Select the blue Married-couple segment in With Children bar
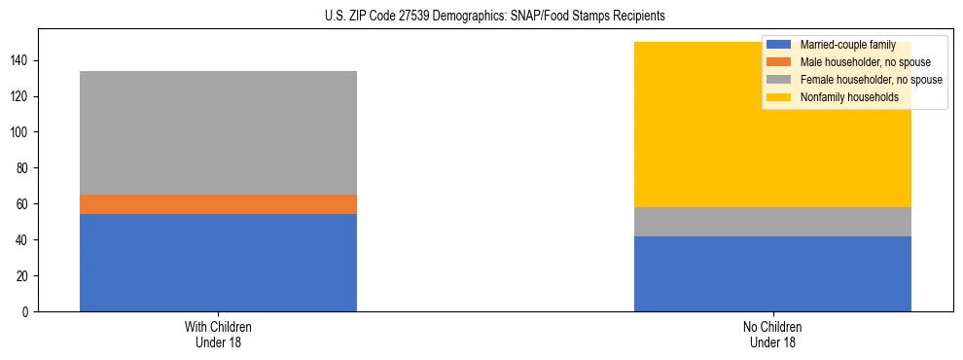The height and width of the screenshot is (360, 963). tap(218, 263)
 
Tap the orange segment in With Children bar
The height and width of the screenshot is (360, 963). tap(218, 204)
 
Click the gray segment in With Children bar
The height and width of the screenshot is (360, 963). tap(218, 132)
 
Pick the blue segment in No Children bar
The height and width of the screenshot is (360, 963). tap(772, 273)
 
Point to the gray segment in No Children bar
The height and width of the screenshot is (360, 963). tap(772, 222)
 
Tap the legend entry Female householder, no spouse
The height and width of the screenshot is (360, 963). tap(870, 80)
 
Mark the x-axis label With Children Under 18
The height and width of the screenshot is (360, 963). tap(218, 335)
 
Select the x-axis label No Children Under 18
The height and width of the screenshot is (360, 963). tap(772, 335)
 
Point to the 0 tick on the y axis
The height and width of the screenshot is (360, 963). tap(26, 312)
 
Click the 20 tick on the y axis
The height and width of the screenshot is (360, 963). tap(23, 276)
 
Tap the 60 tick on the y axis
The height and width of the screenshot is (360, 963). tap(23, 204)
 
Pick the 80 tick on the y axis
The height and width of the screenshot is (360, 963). tap(23, 168)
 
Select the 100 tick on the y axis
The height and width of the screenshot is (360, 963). tap(20, 132)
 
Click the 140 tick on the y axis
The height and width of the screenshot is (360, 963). tap(20, 60)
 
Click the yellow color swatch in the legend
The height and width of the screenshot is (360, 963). tap(779, 97)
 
